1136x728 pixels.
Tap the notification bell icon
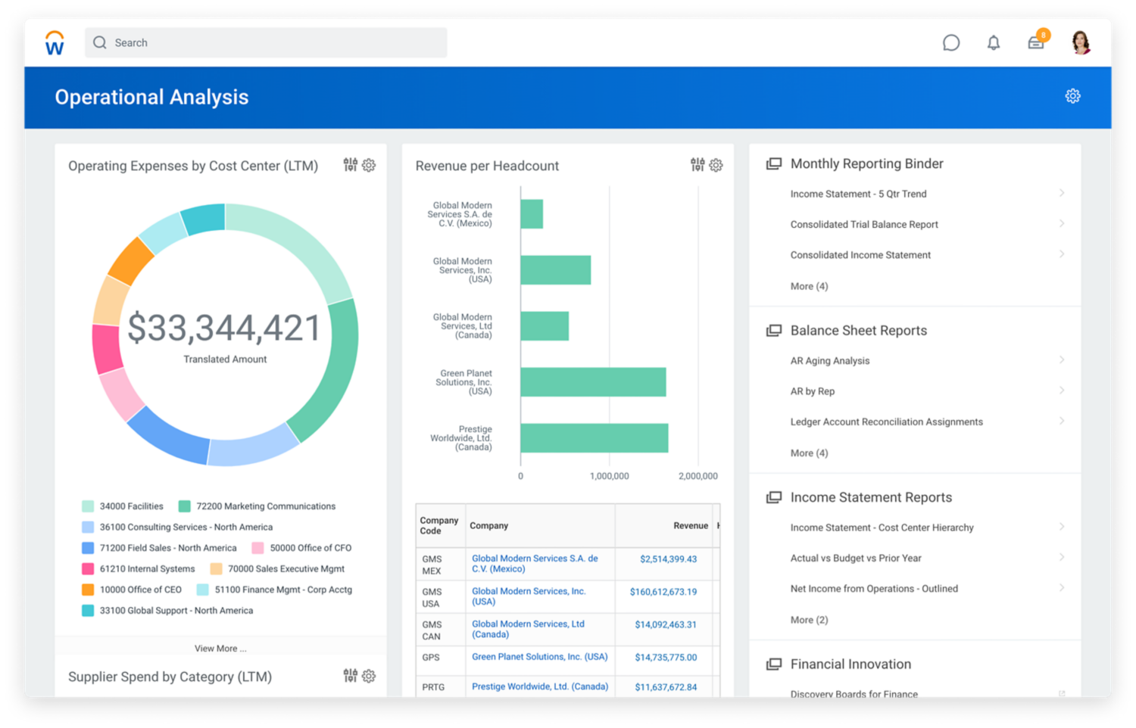pyautogui.click(x=994, y=43)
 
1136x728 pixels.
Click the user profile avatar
pyautogui.click(x=1081, y=43)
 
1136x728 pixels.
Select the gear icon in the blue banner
pyautogui.click(x=1072, y=96)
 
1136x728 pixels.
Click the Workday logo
pyautogui.click(x=55, y=43)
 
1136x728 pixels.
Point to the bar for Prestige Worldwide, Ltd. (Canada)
pyautogui.click(x=594, y=438)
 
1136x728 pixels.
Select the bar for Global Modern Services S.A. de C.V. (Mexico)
pyautogui.click(x=532, y=214)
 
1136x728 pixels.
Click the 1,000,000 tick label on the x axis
pyautogui.click(x=609, y=476)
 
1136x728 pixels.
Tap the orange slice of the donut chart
pyautogui.click(x=131, y=260)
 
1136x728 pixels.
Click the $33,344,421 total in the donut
pyautogui.click(x=225, y=328)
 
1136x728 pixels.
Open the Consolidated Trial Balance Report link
pyautogui.click(x=864, y=225)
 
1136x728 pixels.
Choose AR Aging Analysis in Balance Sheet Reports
pyautogui.click(x=830, y=361)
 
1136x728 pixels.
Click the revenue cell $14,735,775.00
pyautogui.click(x=666, y=658)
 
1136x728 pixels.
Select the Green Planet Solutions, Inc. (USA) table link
pyautogui.click(x=539, y=657)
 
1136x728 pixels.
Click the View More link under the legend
pyautogui.click(x=220, y=649)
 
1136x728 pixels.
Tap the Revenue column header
pyautogui.click(x=691, y=526)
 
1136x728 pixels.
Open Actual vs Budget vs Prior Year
pyautogui.click(x=856, y=558)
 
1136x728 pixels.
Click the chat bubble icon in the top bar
pyautogui.click(x=951, y=43)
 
